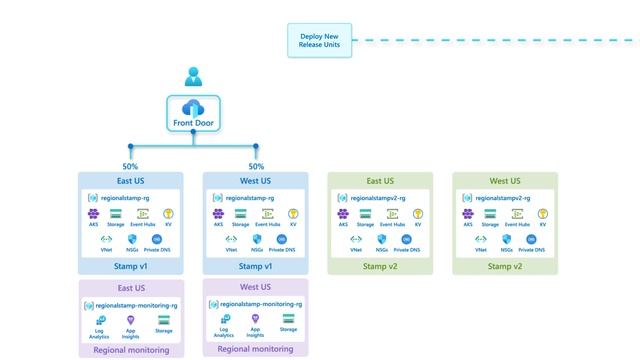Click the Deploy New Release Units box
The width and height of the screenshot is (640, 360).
[x=318, y=41]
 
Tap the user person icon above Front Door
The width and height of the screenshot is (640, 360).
[x=193, y=77]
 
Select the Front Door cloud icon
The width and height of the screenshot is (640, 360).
[x=193, y=109]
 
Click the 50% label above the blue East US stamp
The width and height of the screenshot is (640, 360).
[x=131, y=166]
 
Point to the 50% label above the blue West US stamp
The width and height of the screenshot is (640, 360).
[x=256, y=166]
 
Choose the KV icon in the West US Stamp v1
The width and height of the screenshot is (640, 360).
[x=293, y=214]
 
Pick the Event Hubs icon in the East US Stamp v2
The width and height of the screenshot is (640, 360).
[x=392, y=214]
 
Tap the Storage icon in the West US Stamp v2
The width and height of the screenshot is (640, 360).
[x=490, y=214]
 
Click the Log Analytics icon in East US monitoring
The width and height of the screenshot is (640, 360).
[x=101, y=319]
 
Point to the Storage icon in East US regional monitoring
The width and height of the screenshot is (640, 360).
[x=163, y=319]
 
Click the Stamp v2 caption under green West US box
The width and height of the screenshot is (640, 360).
[x=505, y=267]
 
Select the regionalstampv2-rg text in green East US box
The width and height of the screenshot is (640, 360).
[x=385, y=198]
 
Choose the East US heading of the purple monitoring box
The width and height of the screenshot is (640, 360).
[x=131, y=288]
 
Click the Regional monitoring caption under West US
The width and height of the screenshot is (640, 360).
[x=255, y=349]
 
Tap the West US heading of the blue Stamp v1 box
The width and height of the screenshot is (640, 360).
[x=256, y=181]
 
